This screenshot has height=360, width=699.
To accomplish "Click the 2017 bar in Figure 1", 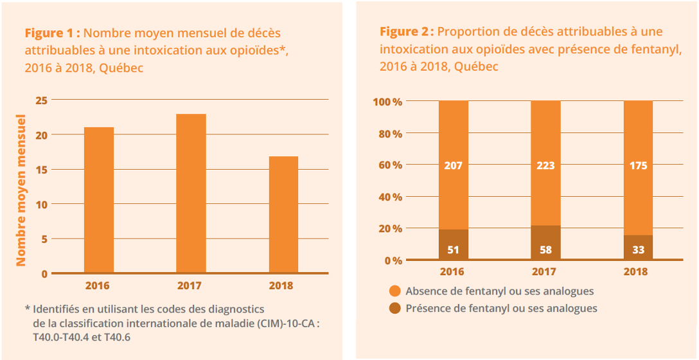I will pyautogui.click(x=191, y=194).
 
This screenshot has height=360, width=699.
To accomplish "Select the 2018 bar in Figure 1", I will pyautogui.click(x=283, y=215).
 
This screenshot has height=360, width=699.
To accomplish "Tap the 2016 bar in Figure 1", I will pyautogui.click(x=98, y=200).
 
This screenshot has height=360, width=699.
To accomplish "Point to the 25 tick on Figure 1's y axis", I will pyautogui.click(x=41, y=100).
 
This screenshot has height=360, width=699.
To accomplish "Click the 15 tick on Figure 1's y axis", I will pyautogui.click(x=41, y=170).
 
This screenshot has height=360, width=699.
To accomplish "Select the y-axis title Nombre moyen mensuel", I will pyautogui.click(x=21, y=190).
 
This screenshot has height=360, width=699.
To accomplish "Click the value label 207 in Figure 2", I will pyautogui.click(x=453, y=165).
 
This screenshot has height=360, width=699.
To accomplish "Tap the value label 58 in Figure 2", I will pyautogui.click(x=545, y=249).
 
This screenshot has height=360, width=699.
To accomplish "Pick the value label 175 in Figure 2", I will pyautogui.click(x=638, y=165).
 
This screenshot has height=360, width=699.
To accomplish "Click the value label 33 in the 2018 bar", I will pyautogui.click(x=638, y=249).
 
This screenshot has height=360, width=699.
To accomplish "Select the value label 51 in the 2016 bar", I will pyautogui.click(x=453, y=249).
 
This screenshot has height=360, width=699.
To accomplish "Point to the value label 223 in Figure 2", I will pyautogui.click(x=545, y=165).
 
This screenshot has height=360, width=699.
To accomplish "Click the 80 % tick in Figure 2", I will pyautogui.click(x=388, y=134).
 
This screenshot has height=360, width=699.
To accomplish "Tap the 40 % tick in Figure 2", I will pyautogui.click(x=388, y=197).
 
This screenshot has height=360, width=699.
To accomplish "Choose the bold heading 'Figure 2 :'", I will pyautogui.click(x=407, y=32).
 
